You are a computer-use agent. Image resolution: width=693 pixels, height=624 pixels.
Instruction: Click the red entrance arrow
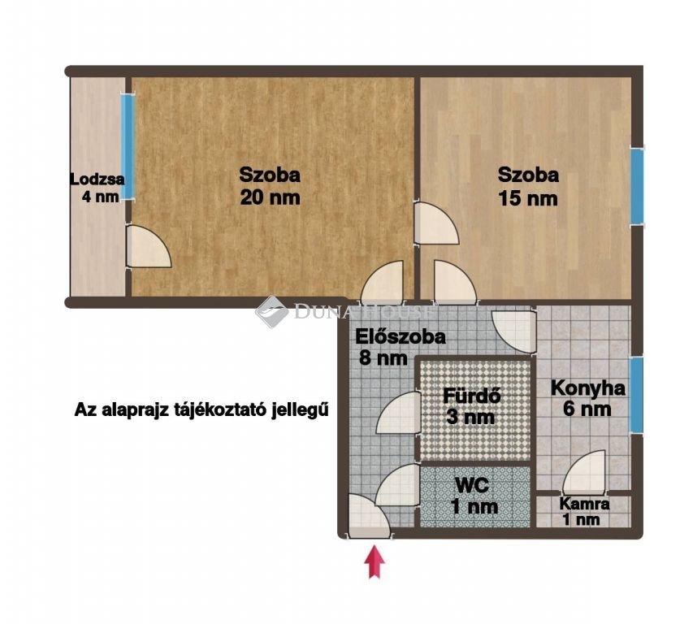pos(375,561)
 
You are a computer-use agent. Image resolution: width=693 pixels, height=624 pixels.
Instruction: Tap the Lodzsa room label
pos(97,180)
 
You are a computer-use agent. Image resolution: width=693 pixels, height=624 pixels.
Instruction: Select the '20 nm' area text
pos(270,197)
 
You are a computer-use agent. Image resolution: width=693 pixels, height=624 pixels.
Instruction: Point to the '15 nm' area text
pos(528,197)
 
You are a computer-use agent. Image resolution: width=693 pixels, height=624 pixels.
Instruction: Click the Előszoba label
pos(401,337)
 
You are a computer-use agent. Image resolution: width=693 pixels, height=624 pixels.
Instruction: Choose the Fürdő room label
pos(471,395)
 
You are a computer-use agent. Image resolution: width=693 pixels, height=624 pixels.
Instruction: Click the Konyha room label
pos(588,388)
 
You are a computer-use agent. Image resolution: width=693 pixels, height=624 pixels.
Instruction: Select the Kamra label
pos(584,504)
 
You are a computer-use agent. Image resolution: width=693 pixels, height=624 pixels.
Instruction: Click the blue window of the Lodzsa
pos(128,147)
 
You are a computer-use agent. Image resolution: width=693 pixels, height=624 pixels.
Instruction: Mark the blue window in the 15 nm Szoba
pos(637,185)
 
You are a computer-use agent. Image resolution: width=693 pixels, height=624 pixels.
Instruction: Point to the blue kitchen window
pos(636,395)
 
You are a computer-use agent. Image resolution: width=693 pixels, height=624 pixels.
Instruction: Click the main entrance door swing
pos(369,516)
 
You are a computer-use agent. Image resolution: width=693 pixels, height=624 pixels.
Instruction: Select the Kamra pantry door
pos(584,472)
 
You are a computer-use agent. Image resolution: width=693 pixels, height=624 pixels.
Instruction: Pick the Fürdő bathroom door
pos(398,413)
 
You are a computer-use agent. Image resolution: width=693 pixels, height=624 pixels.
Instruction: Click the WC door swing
pos(397,484)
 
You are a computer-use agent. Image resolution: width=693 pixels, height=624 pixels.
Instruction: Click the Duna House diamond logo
pos(271,312)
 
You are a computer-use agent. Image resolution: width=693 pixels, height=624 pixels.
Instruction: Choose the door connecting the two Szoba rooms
pos(436,223)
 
